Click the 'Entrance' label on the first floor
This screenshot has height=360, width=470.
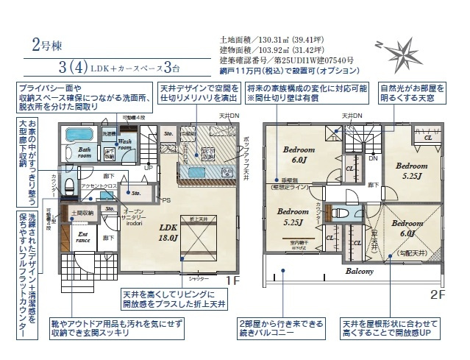(x=83, y=237)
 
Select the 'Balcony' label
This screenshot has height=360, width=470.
(x=360, y=270)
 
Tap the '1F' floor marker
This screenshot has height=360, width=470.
(x=232, y=281)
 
